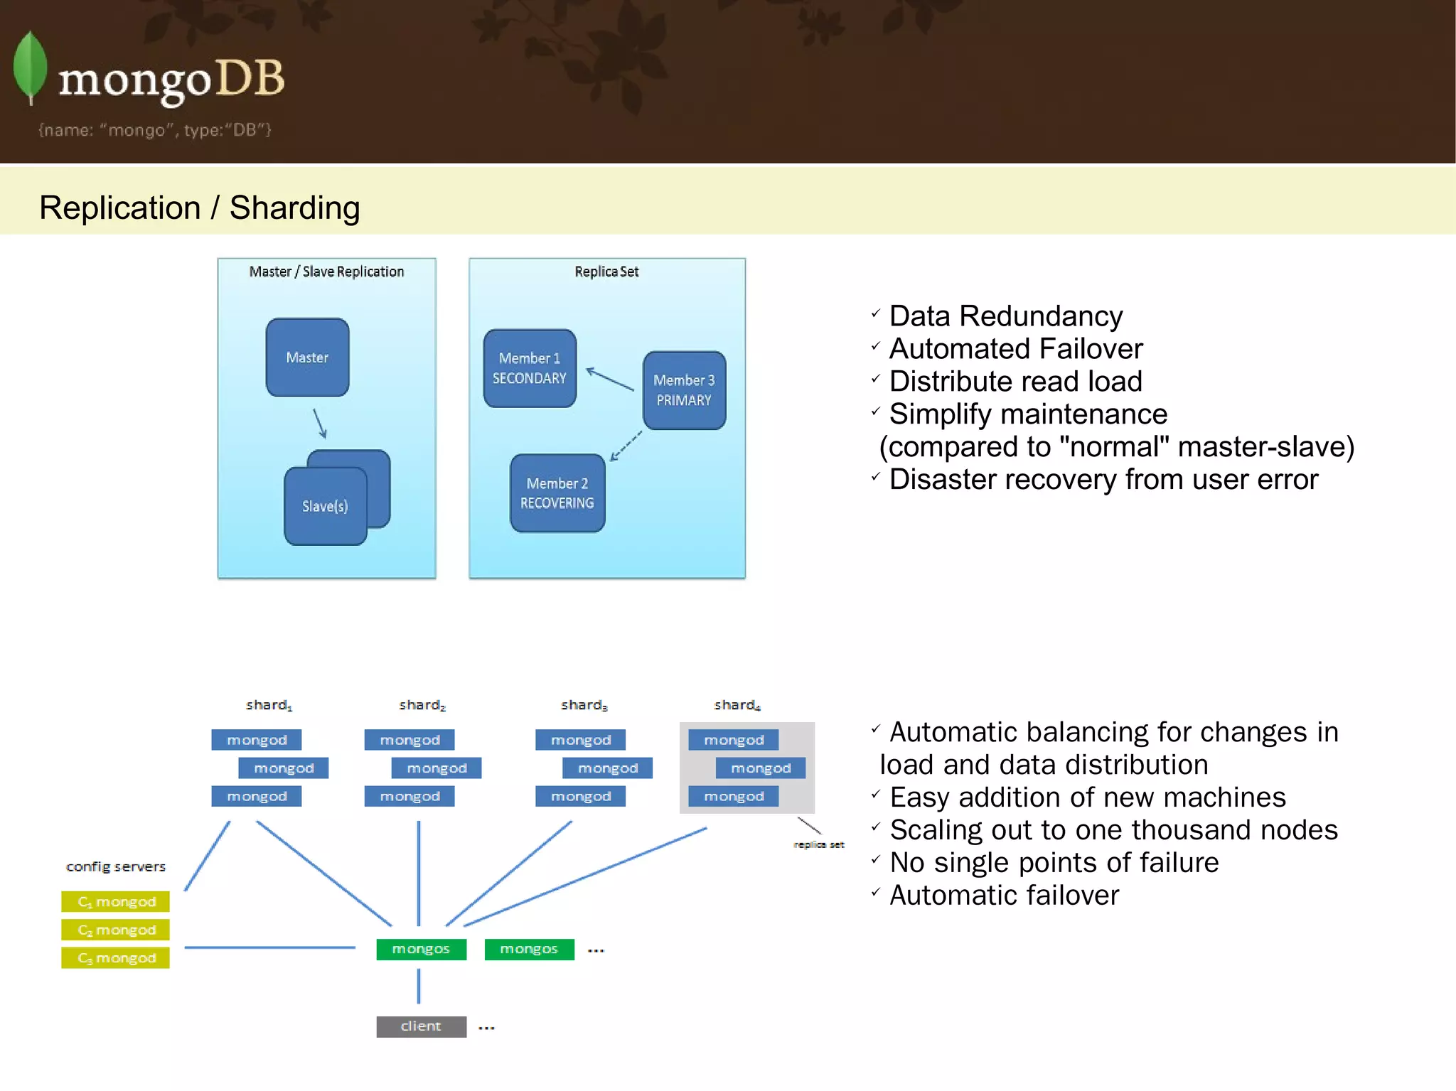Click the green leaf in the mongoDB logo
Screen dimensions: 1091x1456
tap(30, 68)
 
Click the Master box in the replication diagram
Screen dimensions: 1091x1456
tap(307, 357)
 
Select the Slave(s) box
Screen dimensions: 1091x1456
tap(325, 506)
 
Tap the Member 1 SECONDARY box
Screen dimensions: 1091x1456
tap(530, 368)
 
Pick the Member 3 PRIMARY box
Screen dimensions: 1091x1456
tap(684, 390)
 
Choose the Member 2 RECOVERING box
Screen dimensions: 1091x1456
tap(557, 493)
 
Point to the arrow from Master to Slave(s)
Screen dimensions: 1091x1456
tap(320, 424)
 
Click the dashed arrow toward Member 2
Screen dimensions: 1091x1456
tap(626, 446)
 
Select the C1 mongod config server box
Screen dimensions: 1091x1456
tap(116, 901)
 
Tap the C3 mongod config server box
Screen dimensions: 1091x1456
tap(116, 957)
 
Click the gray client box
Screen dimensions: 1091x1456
tap(421, 1026)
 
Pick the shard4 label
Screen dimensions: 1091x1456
tap(737, 705)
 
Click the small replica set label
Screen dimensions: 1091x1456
tap(819, 844)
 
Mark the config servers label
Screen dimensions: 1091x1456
tap(116, 866)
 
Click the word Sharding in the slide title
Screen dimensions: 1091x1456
tap(294, 208)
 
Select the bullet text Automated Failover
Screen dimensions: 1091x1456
tap(1015, 349)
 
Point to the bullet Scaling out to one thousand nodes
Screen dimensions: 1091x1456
tap(1113, 830)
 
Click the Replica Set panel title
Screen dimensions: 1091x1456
tap(606, 272)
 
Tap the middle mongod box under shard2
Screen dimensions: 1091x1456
tap(437, 768)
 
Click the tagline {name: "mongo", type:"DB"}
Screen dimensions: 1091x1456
tap(155, 130)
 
